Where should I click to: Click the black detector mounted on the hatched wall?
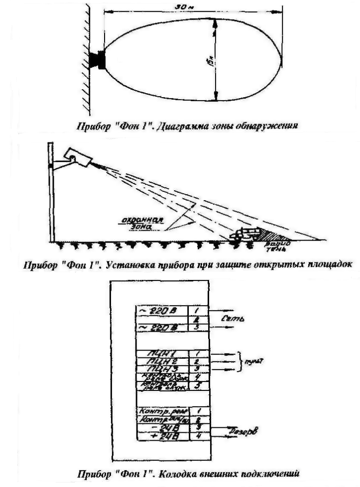pos(98,60)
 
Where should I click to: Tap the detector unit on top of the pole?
pos(79,157)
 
